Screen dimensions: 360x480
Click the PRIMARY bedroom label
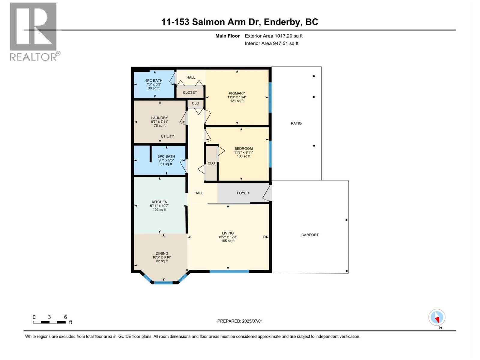point(237,93)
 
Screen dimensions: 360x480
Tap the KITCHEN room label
point(159,202)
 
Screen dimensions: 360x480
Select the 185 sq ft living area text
point(228,241)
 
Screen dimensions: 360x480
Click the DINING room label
point(162,253)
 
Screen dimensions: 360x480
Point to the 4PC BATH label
point(154,80)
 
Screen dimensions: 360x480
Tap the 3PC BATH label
point(166,156)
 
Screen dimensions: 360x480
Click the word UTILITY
point(167,136)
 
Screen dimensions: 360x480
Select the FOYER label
point(243,193)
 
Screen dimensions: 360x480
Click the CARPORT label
point(310,235)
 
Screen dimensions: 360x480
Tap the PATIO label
point(296,123)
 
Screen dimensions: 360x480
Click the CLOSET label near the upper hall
point(190,92)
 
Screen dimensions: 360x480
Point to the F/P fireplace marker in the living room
point(265,237)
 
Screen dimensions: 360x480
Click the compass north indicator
point(437,317)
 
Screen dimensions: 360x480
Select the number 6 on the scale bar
point(65,317)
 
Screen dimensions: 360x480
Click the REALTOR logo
point(33,31)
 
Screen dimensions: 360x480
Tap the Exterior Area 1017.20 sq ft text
point(274,36)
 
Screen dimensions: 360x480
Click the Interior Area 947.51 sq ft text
point(271,43)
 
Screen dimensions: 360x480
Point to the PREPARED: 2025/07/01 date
point(240,321)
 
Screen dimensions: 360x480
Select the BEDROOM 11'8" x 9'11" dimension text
point(243,152)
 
